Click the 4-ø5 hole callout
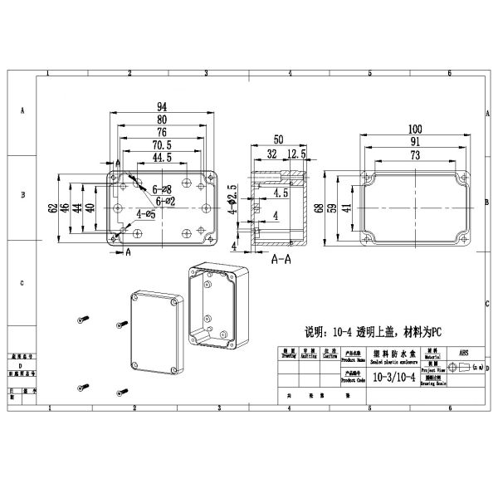click(145, 214)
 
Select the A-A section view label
click(281, 259)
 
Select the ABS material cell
click(463, 352)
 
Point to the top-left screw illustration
click(82, 318)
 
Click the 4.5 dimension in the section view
click(280, 193)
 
